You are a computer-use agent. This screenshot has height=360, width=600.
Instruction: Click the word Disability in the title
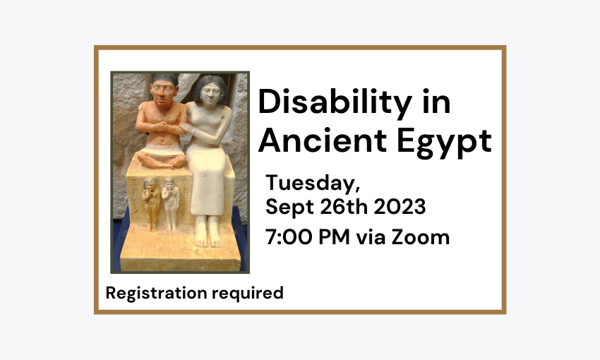click(335, 102)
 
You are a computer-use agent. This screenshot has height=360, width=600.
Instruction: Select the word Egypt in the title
click(444, 143)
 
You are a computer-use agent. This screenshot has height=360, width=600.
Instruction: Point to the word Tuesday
click(313, 184)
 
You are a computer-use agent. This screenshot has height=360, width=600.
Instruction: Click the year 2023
click(400, 207)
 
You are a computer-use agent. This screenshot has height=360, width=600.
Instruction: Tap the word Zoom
click(420, 236)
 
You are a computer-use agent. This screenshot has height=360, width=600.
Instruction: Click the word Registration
click(157, 294)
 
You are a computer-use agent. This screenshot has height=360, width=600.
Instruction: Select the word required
click(248, 294)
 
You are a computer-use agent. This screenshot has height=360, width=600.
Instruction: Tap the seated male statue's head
click(164, 90)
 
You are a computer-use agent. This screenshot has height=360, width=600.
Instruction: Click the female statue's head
click(210, 91)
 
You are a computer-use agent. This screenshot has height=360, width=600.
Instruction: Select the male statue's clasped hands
click(163, 126)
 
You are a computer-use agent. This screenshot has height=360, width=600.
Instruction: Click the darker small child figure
click(151, 203)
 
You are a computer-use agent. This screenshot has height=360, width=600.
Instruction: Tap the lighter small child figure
click(170, 203)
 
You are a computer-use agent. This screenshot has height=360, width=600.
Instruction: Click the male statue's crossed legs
click(162, 159)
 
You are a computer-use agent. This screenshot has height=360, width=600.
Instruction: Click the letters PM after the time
click(334, 236)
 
